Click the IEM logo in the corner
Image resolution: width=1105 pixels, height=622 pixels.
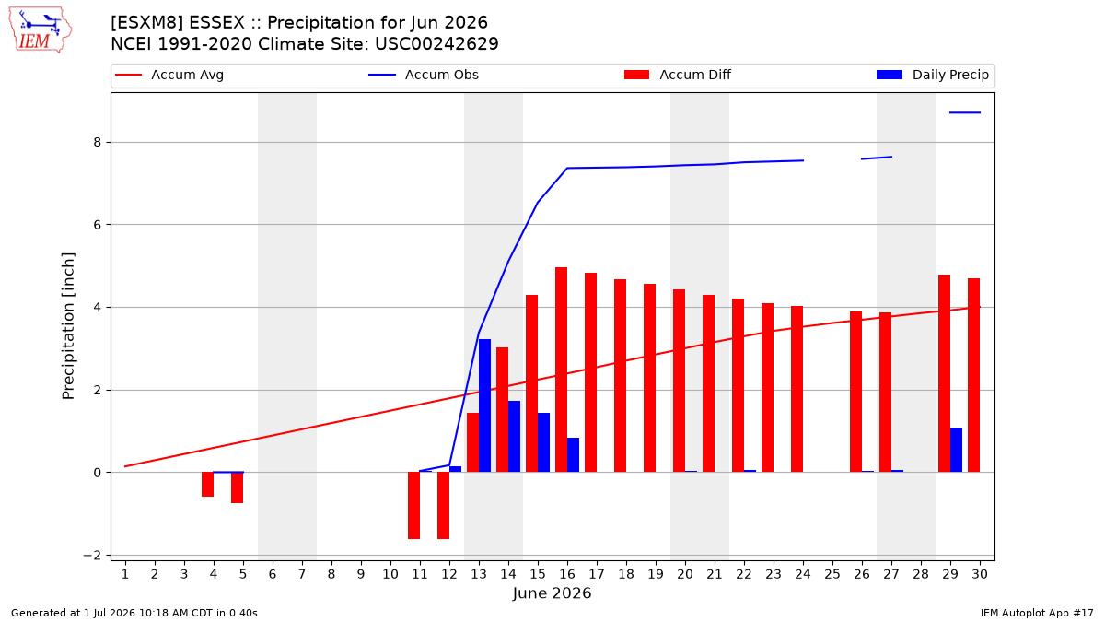[41, 30]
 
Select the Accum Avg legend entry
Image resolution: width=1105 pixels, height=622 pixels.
[169, 75]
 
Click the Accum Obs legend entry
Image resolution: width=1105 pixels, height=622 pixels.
[424, 75]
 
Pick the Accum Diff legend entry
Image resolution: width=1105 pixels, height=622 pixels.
[678, 75]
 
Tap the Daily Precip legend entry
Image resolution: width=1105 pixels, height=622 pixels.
[932, 75]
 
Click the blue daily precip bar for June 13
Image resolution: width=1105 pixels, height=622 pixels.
[484, 405]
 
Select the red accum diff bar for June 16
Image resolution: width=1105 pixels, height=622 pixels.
[561, 370]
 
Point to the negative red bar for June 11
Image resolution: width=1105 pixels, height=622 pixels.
[413, 506]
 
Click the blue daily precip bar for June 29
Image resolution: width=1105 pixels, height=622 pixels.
[956, 451]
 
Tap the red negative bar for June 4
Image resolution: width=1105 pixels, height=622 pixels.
[208, 485]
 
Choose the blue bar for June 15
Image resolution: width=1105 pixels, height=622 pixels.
[543, 443]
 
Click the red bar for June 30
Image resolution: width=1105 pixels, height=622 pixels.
[974, 376]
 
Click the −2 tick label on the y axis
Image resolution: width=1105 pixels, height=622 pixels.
[92, 556]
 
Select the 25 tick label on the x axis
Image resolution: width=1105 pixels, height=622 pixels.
[832, 574]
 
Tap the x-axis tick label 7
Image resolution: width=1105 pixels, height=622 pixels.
[302, 574]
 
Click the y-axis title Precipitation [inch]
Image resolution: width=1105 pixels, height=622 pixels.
[68, 326]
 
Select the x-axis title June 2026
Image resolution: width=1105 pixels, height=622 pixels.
[552, 593]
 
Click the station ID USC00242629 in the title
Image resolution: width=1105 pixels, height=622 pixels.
[436, 44]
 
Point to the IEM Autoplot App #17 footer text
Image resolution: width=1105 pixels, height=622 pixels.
[1037, 613]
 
